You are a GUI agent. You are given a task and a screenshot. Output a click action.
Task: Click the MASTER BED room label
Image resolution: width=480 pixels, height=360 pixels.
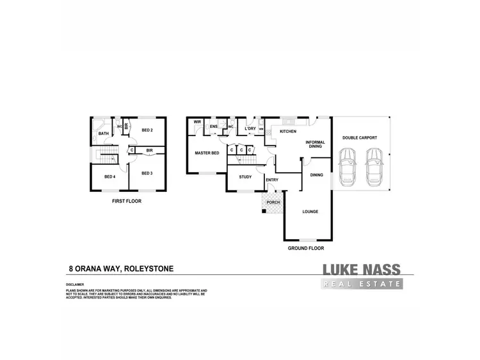tap(207, 153)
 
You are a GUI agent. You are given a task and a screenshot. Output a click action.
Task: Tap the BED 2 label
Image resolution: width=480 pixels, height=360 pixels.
tap(147, 130)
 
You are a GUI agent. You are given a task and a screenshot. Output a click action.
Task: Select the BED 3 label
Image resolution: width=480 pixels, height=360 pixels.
tap(147, 173)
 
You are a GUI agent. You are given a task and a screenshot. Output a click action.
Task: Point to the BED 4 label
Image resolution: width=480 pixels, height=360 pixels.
tap(109, 176)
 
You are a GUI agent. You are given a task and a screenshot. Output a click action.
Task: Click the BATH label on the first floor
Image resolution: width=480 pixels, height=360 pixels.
tap(103, 133)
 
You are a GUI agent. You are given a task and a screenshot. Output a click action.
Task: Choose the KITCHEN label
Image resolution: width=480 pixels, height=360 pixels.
tap(287, 131)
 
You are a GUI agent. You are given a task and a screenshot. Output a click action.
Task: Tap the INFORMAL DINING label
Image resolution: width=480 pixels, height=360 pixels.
tap(316, 144)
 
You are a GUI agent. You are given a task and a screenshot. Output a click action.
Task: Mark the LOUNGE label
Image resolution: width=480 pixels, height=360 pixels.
tap(310, 212)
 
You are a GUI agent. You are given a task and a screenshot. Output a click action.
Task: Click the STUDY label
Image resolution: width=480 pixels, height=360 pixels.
tap(245, 176)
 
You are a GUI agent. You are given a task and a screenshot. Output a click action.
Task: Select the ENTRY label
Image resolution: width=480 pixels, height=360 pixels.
tap(272, 180)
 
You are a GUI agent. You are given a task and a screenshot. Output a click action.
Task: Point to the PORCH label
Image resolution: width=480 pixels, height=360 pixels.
tap(273, 203)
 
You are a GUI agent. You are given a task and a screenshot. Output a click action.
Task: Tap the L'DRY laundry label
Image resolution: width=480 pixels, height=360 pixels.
tap(250, 129)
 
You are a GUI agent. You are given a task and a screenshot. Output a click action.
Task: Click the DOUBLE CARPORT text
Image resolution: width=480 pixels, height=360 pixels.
tap(359, 137)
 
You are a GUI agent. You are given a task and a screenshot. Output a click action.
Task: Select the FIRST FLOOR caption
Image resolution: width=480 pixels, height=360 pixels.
tap(126, 201)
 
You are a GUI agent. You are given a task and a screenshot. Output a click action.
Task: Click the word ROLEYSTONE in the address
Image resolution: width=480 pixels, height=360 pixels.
tap(151, 269)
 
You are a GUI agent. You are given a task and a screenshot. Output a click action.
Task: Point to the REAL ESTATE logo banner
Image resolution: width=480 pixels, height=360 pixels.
tap(362, 284)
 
